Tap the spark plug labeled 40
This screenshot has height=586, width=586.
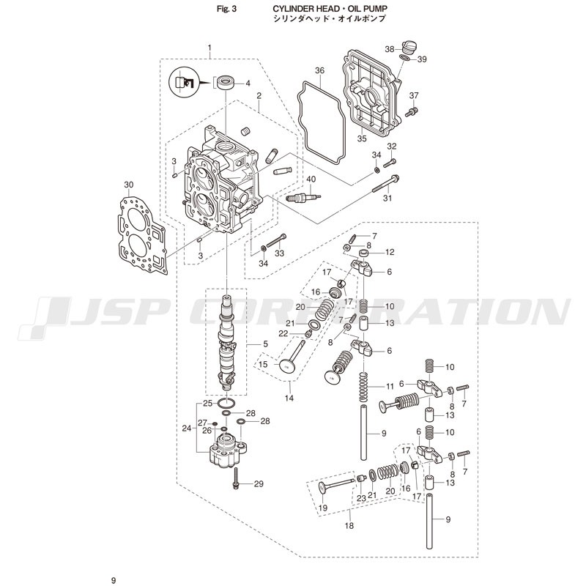(303, 196)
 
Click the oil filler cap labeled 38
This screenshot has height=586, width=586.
(407, 47)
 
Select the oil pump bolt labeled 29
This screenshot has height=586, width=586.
(237, 480)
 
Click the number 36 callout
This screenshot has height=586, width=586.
(319, 70)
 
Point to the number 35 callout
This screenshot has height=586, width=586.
(362, 138)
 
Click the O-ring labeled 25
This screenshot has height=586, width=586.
(227, 404)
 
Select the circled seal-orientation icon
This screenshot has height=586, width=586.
(184, 82)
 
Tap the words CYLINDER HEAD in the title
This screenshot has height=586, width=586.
(304, 9)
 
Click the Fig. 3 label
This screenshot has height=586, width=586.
(227, 9)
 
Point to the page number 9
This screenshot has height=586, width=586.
(114, 580)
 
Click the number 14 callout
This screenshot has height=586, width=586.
(289, 398)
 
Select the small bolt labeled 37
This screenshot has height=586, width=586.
(412, 111)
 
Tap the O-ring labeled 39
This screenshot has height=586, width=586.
(404, 58)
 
